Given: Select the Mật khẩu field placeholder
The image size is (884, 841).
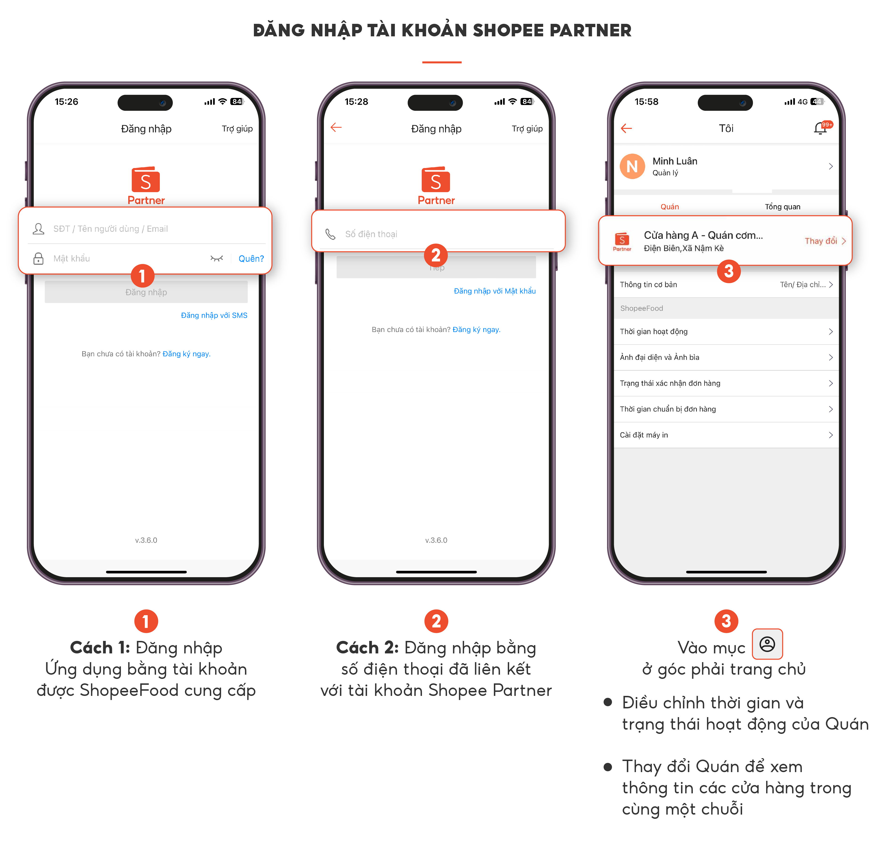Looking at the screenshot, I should [x=72, y=258].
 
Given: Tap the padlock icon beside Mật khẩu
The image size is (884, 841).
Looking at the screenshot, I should [x=38, y=259].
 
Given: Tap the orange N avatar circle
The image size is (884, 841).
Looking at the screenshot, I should [x=632, y=166].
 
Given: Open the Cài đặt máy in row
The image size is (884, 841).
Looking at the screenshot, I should [x=726, y=435].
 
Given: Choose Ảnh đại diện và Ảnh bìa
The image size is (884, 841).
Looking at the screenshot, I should [x=726, y=357].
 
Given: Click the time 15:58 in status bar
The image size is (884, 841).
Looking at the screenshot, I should [x=646, y=102].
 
